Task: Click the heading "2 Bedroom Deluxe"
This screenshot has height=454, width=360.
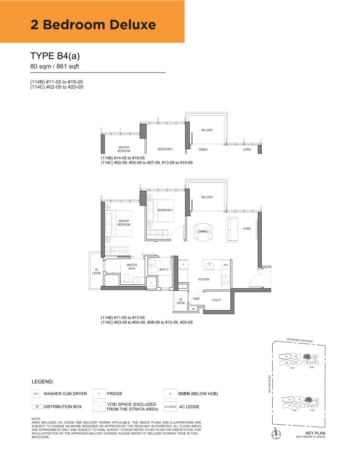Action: click(93, 25)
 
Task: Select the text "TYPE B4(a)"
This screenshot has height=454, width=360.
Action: click(55, 56)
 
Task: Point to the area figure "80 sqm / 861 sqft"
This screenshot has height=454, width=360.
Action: click(55, 66)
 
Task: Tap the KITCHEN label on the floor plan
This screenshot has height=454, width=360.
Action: click(204, 279)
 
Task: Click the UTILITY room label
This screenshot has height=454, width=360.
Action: click(216, 300)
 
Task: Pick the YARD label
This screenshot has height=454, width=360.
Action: click(196, 299)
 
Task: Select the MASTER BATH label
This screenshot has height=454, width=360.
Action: click(132, 267)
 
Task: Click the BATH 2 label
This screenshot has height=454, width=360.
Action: click(164, 270)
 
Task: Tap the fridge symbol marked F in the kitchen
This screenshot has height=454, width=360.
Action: click(183, 265)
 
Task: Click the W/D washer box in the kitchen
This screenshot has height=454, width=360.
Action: click(225, 265)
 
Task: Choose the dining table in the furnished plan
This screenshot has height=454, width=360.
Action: click(203, 231)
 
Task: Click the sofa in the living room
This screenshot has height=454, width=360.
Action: click(232, 229)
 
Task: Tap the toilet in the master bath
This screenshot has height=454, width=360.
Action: click(126, 279)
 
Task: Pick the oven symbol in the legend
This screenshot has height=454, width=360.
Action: click(170, 394)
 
